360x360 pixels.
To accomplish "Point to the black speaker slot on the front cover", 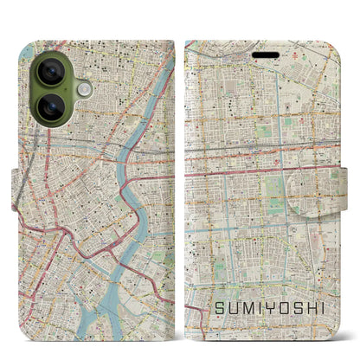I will pyautogui.click(x=266, y=55).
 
